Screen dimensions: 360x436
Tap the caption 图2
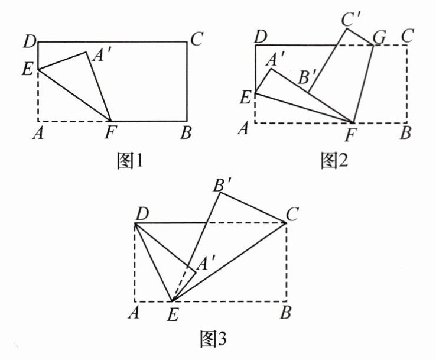333,161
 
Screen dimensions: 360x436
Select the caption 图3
214,339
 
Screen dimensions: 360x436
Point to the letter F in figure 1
109,134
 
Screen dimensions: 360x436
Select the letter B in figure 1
186,134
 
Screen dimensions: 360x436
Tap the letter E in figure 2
245,96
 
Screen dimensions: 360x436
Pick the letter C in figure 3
294,214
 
